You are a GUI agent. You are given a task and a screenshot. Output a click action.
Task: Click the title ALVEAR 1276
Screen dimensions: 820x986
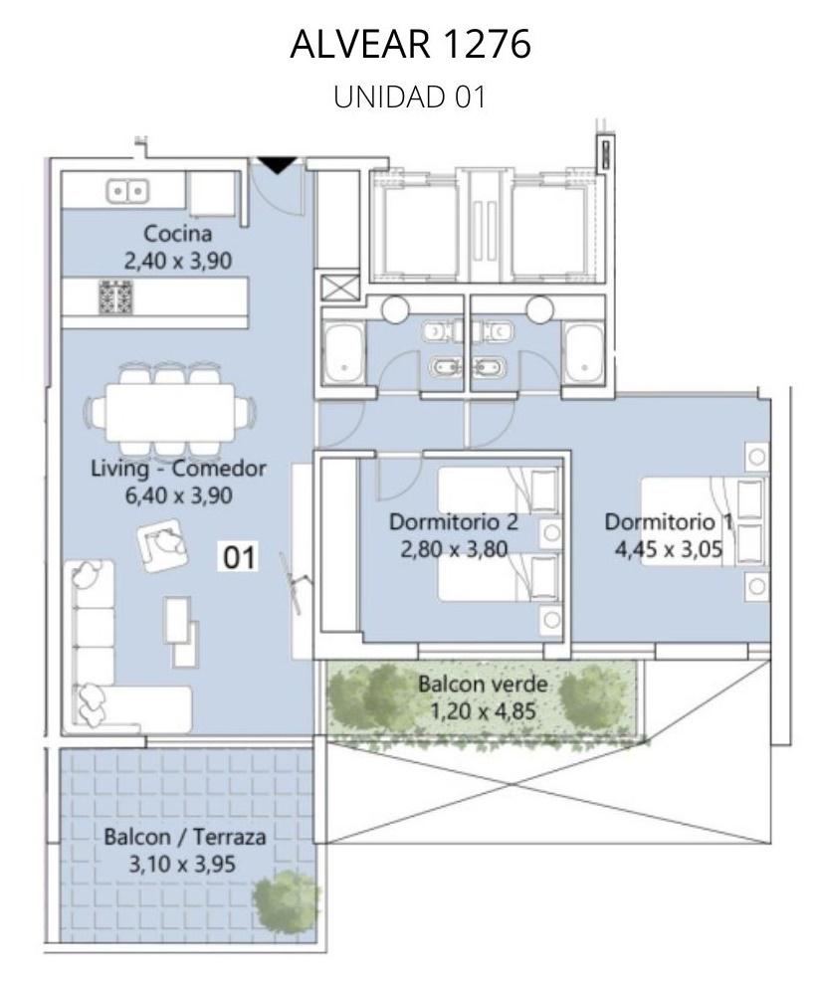(x=411, y=44)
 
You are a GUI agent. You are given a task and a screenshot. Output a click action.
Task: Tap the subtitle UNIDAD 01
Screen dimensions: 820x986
(x=410, y=98)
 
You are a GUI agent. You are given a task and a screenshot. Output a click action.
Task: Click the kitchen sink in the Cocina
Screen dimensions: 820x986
(x=127, y=191)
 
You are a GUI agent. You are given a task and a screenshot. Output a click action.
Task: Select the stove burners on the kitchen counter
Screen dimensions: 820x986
(x=115, y=296)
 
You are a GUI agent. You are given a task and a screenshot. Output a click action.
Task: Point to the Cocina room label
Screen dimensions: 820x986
(x=178, y=234)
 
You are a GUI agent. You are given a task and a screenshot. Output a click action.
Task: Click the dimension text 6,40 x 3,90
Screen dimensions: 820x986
(x=179, y=495)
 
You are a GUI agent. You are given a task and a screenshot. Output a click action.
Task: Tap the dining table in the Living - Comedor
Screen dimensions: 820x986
(x=170, y=413)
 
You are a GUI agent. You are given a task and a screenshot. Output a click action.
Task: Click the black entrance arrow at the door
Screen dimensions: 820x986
(x=278, y=165)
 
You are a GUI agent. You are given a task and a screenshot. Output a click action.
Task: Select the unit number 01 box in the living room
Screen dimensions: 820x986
(x=239, y=558)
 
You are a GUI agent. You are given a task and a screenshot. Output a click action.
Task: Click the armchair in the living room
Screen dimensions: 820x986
(x=162, y=545)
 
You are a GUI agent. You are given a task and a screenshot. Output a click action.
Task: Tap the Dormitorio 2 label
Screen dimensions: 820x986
(x=454, y=522)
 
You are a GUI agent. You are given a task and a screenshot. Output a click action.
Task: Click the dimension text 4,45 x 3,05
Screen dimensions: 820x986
(x=669, y=549)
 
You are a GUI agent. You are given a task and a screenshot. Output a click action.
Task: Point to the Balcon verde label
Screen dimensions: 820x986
(x=483, y=685)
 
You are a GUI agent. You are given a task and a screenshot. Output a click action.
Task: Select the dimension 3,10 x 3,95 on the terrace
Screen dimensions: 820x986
(x=182, y=864)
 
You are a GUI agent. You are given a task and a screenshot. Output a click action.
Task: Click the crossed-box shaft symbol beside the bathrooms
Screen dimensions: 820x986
(x=338, y=289)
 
